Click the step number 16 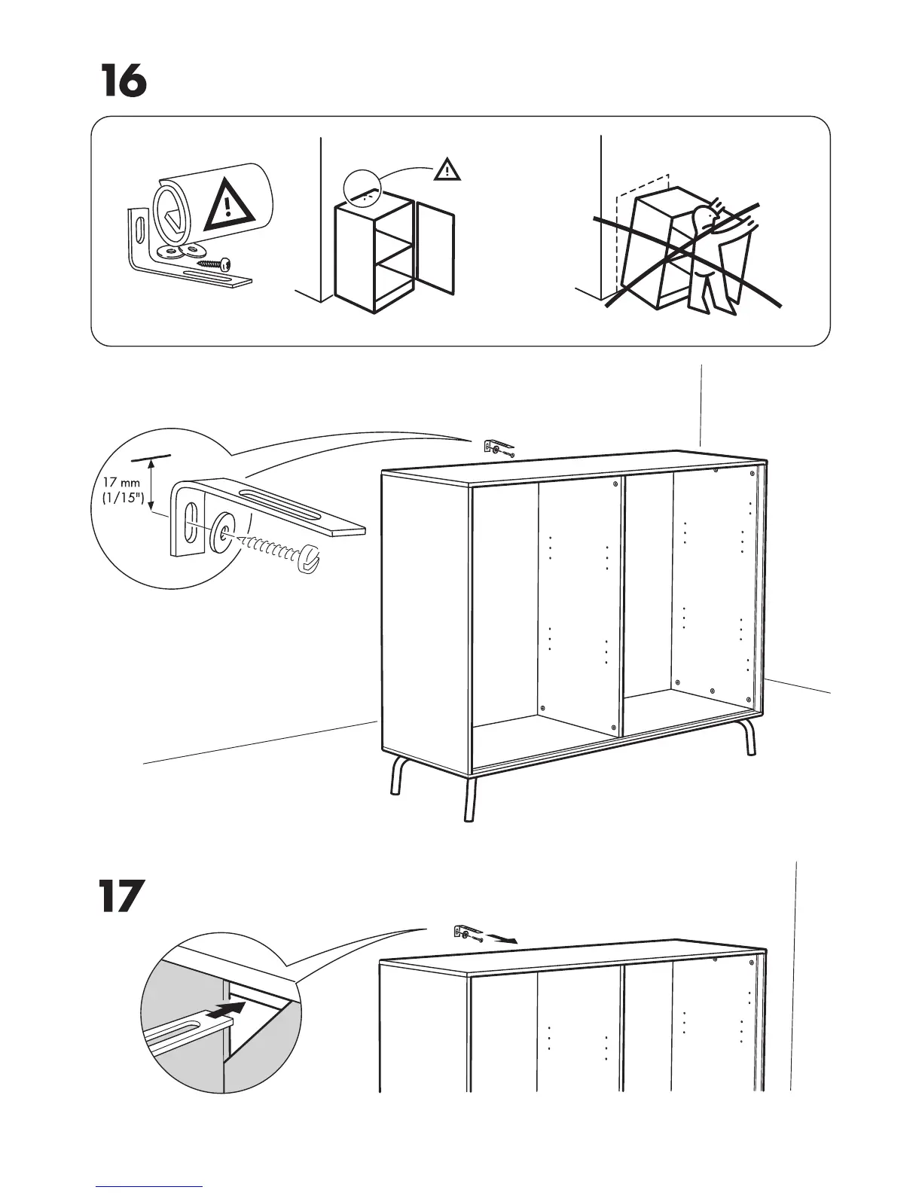coord(124,82)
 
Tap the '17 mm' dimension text coord(121,481)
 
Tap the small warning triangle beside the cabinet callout coord(447,169)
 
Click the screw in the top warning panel coord(214,264)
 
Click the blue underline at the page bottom coord(149,1186)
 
